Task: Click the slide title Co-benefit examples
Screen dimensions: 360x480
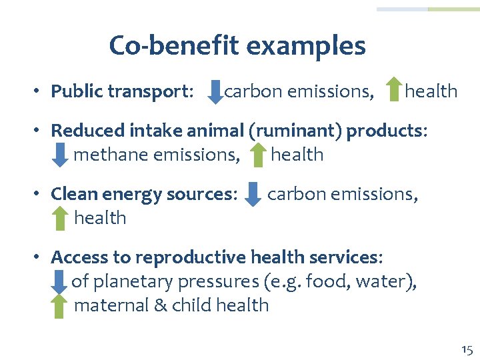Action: tap(237, 46)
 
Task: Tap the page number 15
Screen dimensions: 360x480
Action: tap(466, 349)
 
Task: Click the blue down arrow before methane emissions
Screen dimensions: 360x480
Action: tap(60, 155)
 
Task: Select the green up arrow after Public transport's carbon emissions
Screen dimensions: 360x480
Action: tap(394, 91)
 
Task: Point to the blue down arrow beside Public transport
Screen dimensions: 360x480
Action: tap(215, 91)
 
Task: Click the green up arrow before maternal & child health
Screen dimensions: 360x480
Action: tap(59, 306)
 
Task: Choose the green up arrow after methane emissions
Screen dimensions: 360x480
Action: tap(258, 155)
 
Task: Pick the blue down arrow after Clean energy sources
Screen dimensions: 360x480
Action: tap(253, 194)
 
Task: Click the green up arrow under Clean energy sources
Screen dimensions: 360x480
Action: tap(60, 218)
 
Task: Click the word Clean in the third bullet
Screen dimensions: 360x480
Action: tap(71, 194)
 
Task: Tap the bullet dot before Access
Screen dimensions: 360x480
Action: tap(40, 257)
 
